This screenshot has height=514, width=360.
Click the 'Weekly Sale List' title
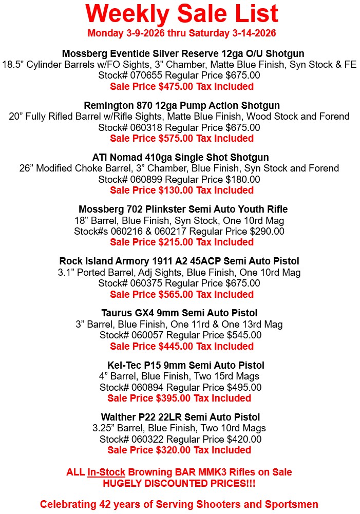pos(181,14)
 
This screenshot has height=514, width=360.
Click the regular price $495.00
pos(244,387)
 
